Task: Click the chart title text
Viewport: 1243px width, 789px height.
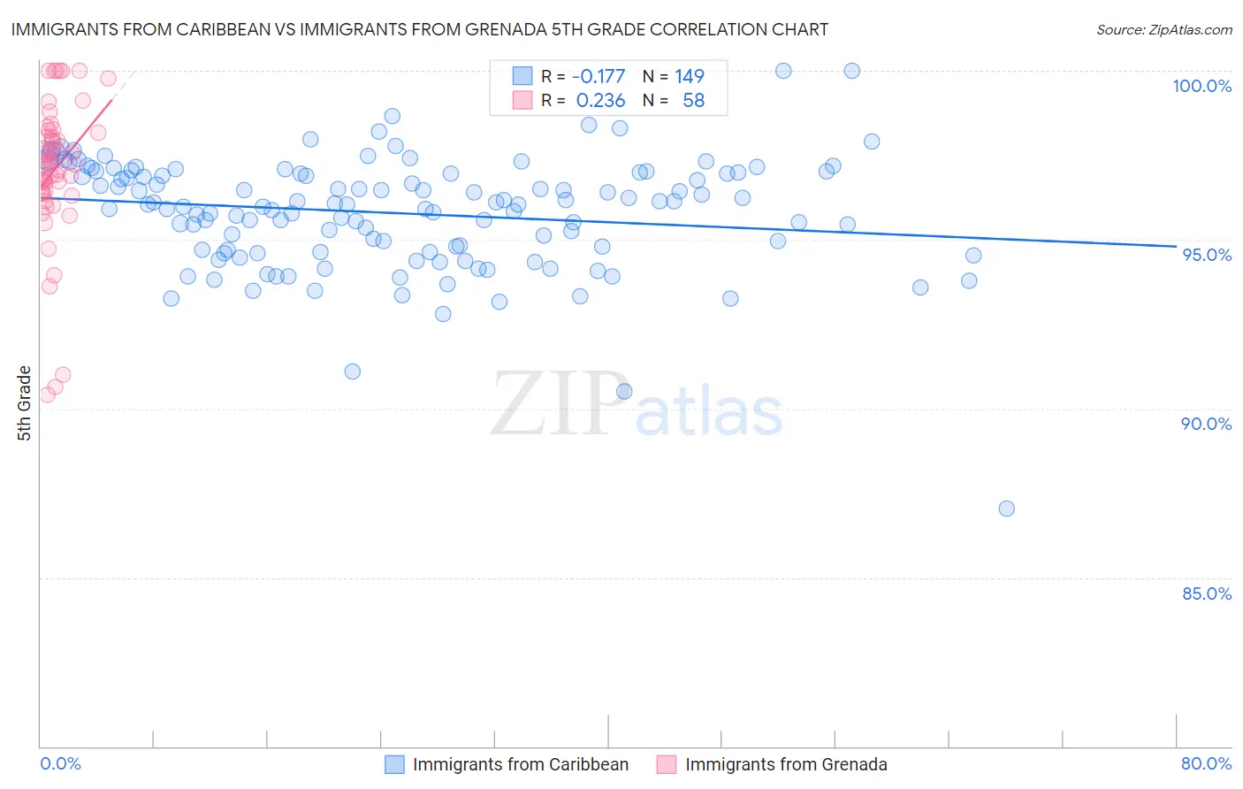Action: point(419,29)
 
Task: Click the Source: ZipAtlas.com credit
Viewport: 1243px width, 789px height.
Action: point(1163,30)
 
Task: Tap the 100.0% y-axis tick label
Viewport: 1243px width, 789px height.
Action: point(1201,86)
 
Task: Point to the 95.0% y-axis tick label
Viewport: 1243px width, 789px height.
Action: point(1207,255)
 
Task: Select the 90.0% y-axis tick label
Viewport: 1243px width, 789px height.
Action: point(1206,424)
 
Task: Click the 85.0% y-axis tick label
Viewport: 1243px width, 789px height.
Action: point(1207,594)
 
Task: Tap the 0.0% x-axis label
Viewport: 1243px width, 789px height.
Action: point(60,763)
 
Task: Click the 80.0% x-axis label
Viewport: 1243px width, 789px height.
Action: point(1206,763)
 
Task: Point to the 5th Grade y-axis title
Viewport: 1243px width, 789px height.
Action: point(24,403)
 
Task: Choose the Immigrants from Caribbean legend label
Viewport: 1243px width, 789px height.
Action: point(520,764)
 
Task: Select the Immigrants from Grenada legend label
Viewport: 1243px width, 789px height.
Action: point(785,764)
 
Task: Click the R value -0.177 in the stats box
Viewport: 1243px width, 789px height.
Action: point(599,77)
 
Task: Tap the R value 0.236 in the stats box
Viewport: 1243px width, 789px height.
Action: point(600,101)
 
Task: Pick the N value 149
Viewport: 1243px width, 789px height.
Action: point(689,77)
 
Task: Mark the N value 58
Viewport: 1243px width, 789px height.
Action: point(693,101)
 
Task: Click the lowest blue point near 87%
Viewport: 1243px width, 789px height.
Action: point(1006,509)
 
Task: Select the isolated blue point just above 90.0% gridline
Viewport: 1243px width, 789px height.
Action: point(624,391)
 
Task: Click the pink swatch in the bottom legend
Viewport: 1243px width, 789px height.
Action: point(666,764)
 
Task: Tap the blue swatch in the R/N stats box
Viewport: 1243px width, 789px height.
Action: point(522,77)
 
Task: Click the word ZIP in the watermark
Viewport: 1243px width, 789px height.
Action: point(557,404)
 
